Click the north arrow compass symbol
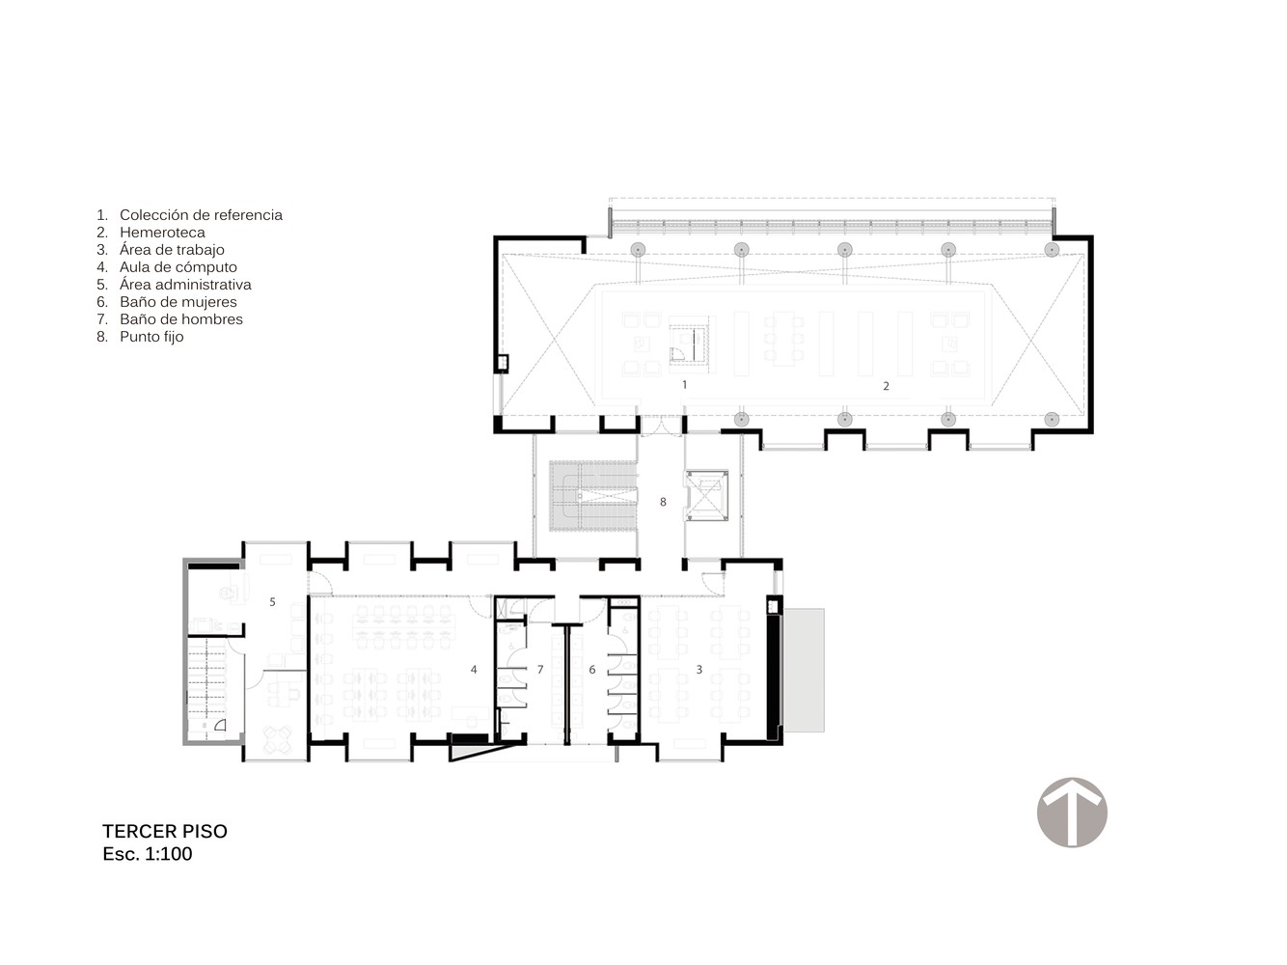(1071, 812)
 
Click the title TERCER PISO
(165, 831)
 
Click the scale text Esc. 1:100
(148, 854)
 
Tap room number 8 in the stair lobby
(663, 502)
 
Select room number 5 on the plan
(272, 601)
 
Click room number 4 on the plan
(474, 669)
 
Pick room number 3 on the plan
(698, 669)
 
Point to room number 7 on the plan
(540, 669)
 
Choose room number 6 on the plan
(591, 669)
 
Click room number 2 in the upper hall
(886, 386)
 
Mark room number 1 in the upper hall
(684, 385)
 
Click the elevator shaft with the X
(706, 495)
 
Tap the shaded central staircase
(592, 496)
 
